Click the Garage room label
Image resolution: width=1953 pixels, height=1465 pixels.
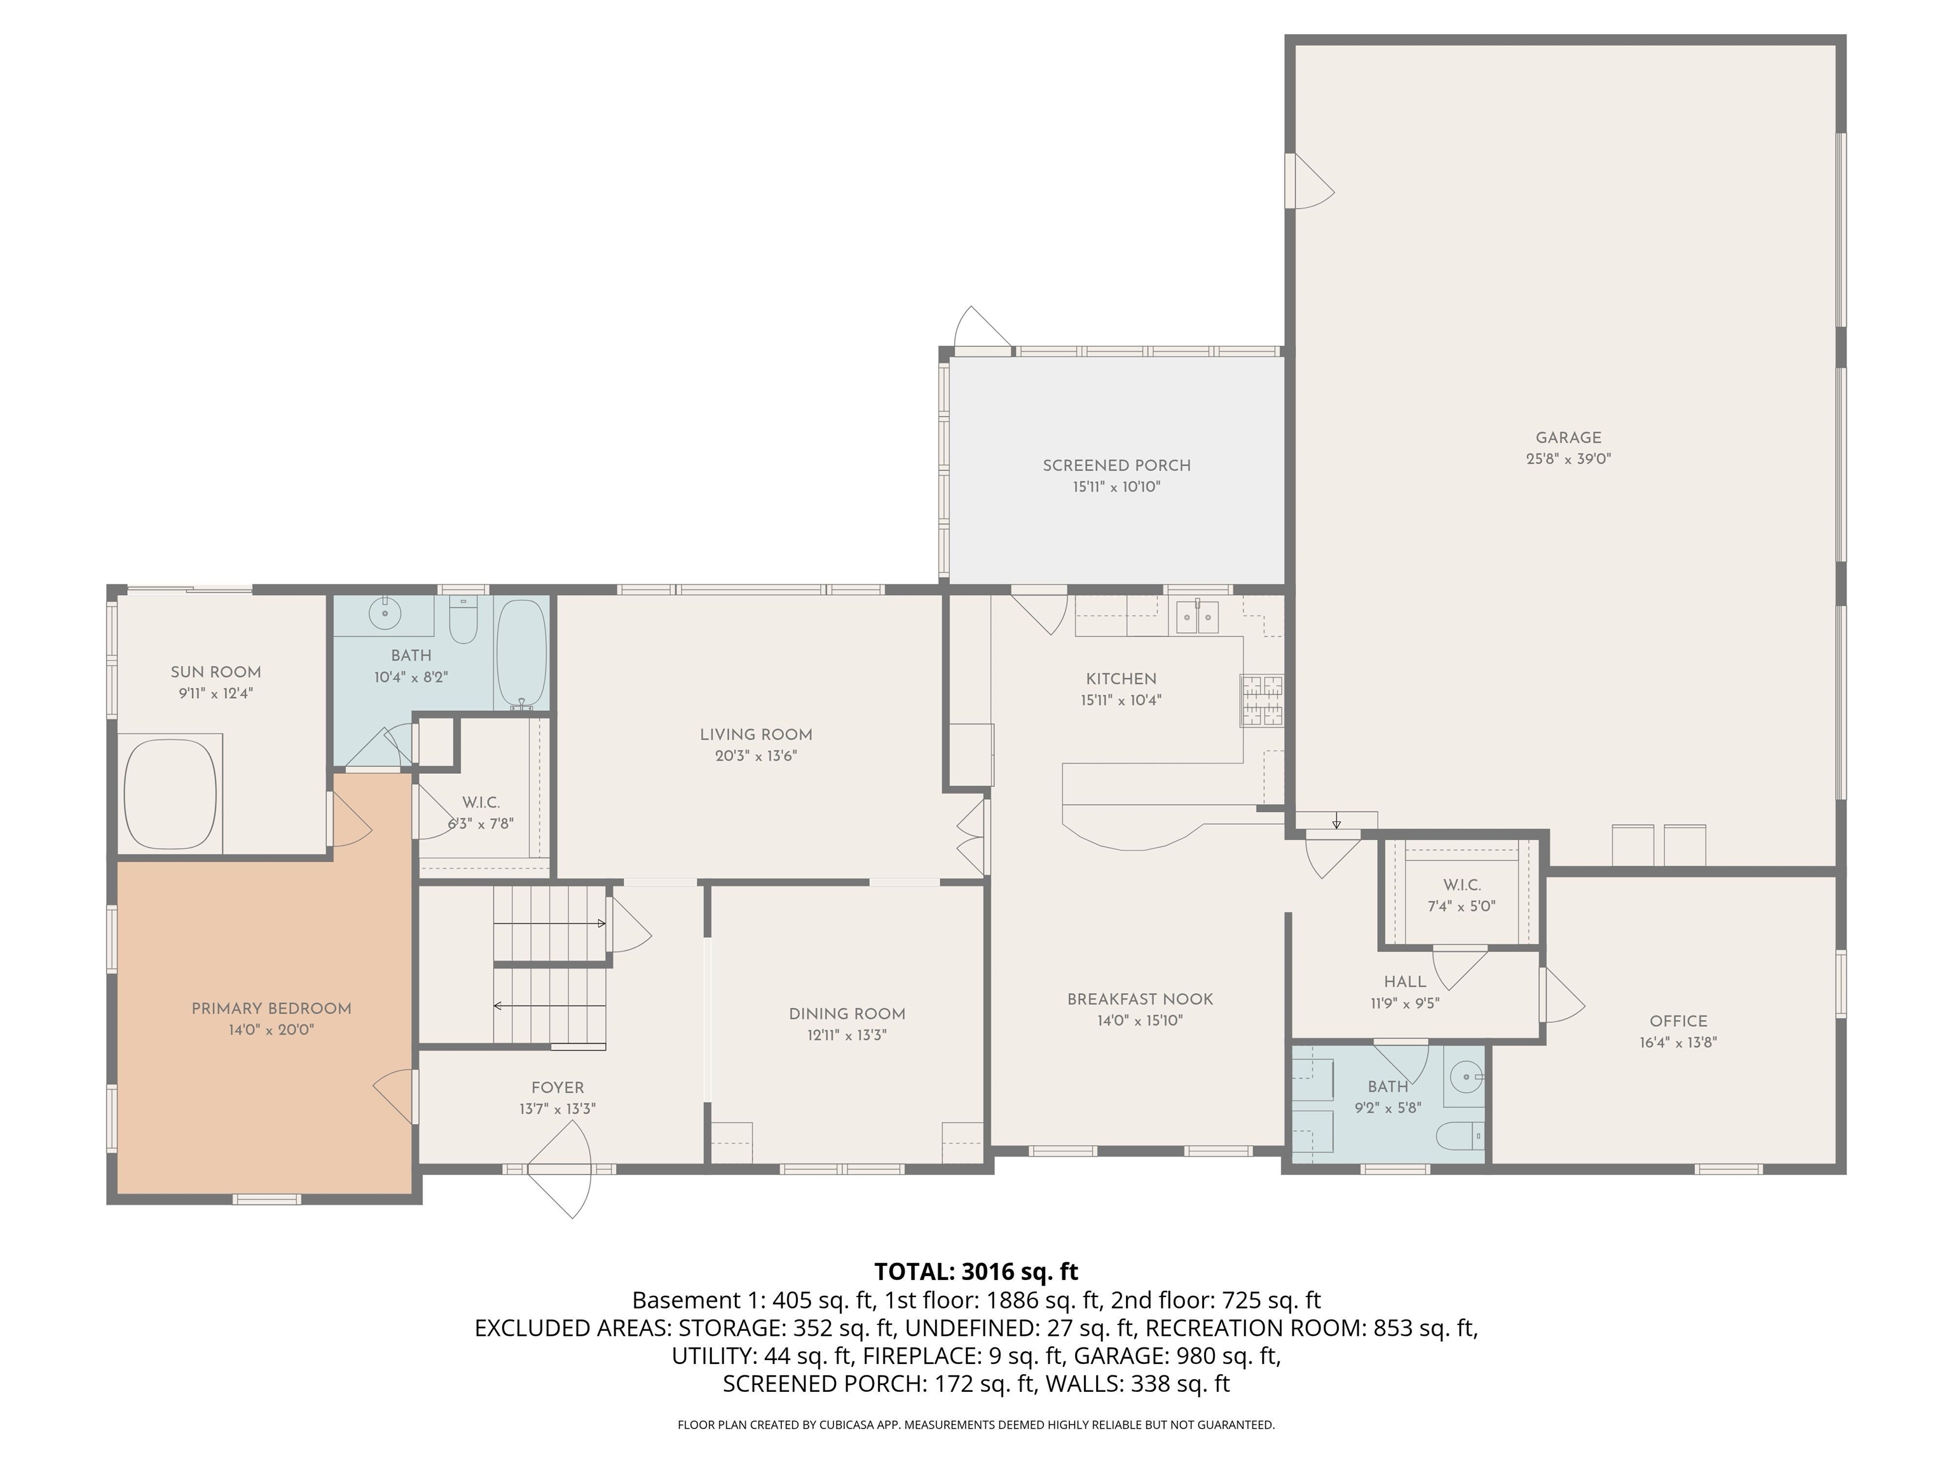coord(1568,437)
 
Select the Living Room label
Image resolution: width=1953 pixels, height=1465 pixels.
coord(756,734)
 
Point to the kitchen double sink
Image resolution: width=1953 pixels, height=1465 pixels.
coord(1198,616)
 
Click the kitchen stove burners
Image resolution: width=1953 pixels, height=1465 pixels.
coord(1262,700)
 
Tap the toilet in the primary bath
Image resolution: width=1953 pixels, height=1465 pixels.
coord(463,619)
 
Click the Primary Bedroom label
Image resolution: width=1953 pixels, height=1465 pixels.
coord(271,1008)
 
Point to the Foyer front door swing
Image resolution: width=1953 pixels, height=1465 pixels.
coord(559,1168)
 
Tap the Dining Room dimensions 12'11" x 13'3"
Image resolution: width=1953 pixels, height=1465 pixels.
coord(847,1035)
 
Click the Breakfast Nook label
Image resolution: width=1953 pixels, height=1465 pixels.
coord(1140,1000)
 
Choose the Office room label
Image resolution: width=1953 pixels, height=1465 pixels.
coord(1678,1021)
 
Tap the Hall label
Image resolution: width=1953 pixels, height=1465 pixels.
coord(1405,982)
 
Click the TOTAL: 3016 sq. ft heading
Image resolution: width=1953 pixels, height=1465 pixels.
coord(976,1272)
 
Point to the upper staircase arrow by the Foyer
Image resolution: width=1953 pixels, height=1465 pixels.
coord(549,924)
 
